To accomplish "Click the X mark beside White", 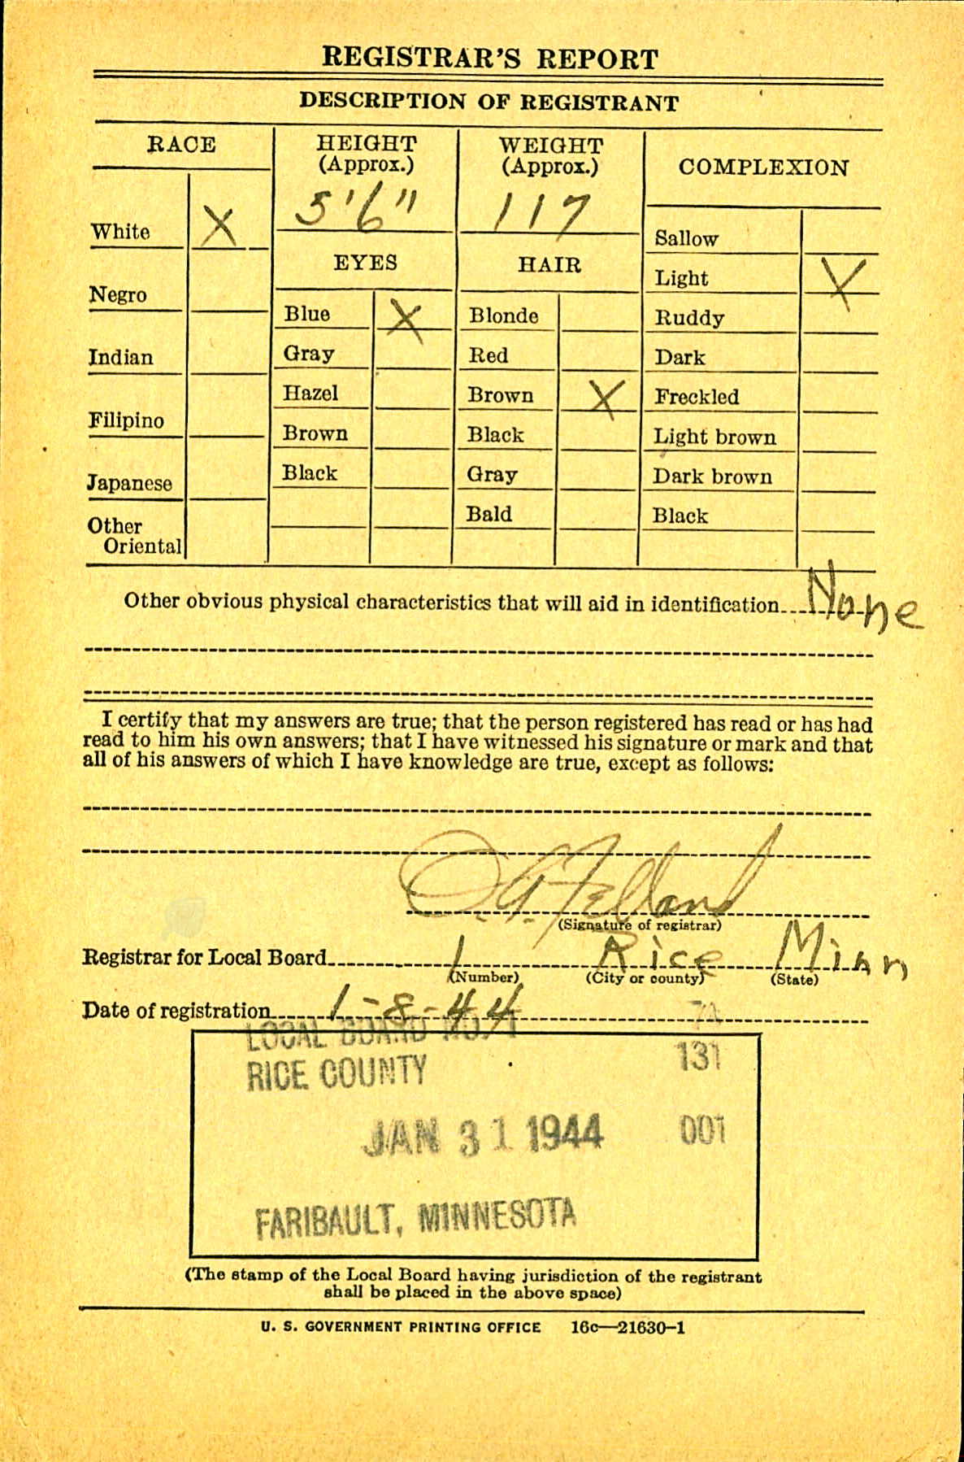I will pyautogui.click(x=218, y=227).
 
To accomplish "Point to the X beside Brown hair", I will pyautogui.click(x=604, y=398).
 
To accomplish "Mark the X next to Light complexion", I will pyautogui.click(x=842, y=281).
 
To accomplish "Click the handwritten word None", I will pyautogui.click(x=864, y=604).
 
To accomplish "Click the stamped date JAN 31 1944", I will pyautogui.click(x=484, y=1135).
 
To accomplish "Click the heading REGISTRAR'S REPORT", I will pyautogui.click(x=489, y=59).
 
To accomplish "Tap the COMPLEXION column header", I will pyautogui.click(x=763, y=168).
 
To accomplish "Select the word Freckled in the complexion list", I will pyautogui.click(x=697, y=397).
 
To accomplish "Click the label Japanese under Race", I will pyautogui.click(x=129, y=483).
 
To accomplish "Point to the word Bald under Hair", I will pyautogui.click(x=489, y=515).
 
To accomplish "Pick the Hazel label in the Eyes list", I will pyautogui.click(x=310, y=394).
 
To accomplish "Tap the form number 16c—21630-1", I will pyautogui.click(x=627, y=1327).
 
